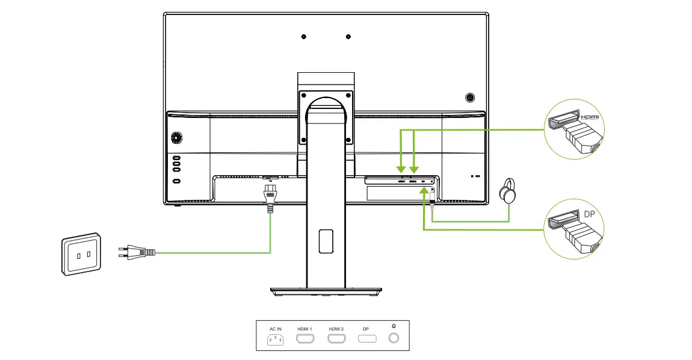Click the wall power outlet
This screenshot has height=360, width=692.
[x=82, y=254]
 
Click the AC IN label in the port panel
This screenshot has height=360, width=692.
[x=276, y=329]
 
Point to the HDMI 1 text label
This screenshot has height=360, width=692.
[x=304, y=329]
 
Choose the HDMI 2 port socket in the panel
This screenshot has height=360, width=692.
[x=336, y=339]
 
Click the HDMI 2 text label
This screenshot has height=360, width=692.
[x=336, y=329]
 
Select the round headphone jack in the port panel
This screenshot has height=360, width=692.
[x=394, y=339]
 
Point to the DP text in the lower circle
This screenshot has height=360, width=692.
[x=589, y=214]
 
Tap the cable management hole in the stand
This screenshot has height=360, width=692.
[x=326, y=241]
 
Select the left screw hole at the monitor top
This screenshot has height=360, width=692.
[x=303, y=37]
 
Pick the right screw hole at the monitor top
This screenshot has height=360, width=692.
[x=348, y=37]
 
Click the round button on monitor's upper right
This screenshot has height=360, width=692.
[x=470, y=96]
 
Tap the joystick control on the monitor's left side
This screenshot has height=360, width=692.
[x=176, y=138]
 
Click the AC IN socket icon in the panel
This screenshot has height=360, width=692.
[x=276, y=340]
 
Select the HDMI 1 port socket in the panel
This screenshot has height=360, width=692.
[x=304, y=339]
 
